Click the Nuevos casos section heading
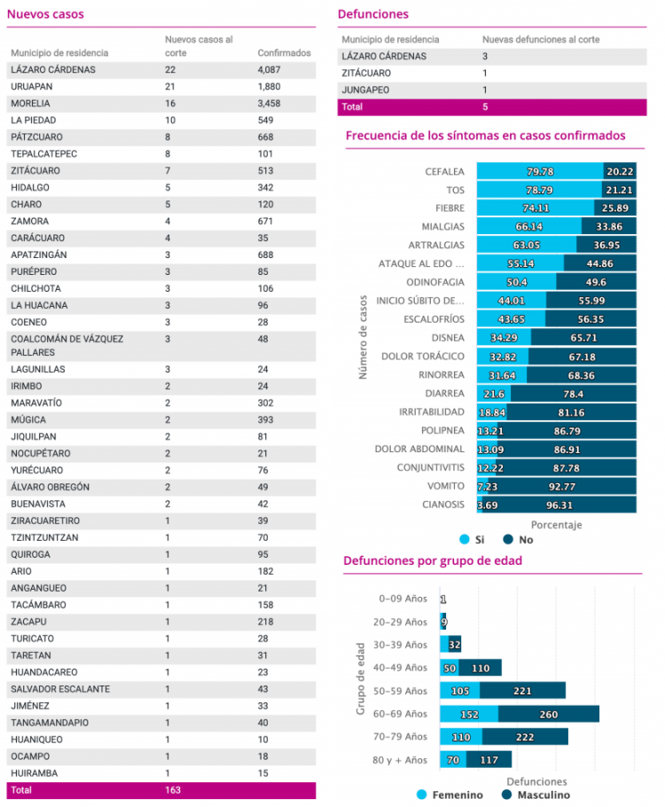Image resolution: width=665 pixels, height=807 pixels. (x=45, y=14)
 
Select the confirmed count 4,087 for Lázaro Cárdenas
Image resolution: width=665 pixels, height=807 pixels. (x=269, y=69)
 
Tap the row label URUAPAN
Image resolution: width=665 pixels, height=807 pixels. (x=31, y=87)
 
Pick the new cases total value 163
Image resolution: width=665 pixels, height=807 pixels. (x=173, y=790)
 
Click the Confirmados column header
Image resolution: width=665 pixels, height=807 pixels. (x=284, y=53)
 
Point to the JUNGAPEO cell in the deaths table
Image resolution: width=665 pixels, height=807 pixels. (x=365, y=90)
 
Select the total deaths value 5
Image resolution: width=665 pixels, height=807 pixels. (x=485, y=107)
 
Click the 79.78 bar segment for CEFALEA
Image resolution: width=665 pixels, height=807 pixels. (x=540, y=171)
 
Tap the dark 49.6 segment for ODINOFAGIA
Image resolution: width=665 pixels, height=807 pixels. (x=596, y=282)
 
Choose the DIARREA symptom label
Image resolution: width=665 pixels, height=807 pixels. (x=445, y=394)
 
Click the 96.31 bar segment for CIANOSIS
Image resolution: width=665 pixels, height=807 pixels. (x=559, y=505)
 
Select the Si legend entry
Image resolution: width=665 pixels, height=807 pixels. (x=472, y=539)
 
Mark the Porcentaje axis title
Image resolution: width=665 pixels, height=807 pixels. (x=557, y=525)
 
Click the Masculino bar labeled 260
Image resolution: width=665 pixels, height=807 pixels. (x=549, y=714)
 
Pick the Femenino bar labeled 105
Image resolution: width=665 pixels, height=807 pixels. (x=459, y=691)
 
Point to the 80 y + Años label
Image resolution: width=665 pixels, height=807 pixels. (x=400, y=760)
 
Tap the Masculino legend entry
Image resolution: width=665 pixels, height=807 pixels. (x=536, y=795)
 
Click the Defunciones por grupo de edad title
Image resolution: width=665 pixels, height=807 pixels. (x=433, y=560)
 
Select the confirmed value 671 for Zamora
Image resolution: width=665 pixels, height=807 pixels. (x=266, y=222)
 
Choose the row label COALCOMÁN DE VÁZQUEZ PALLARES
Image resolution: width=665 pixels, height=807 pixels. (x=66, y=346)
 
